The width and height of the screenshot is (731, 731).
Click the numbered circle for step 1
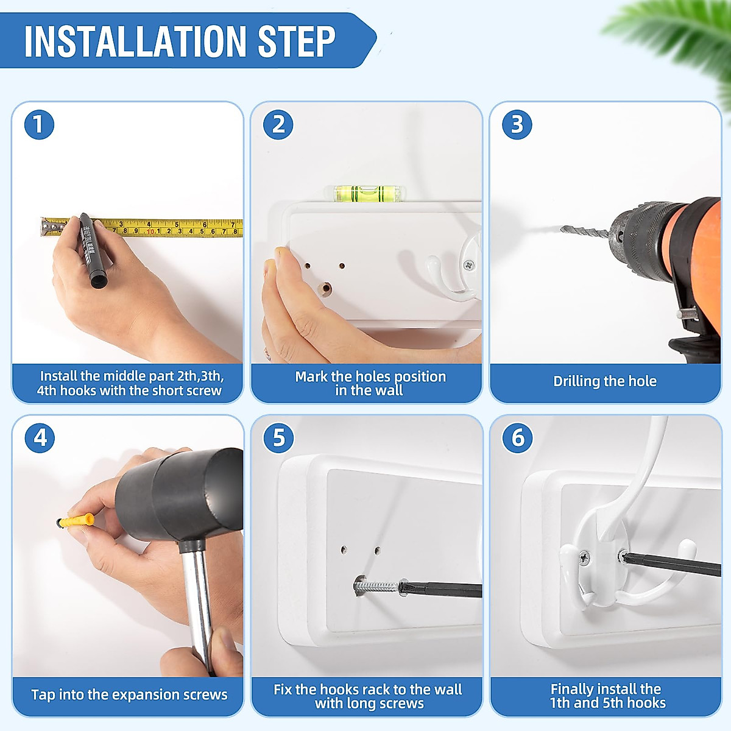[39, 124]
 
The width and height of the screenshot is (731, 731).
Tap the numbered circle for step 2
[278, 124]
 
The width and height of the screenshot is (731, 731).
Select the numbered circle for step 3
[517, 124]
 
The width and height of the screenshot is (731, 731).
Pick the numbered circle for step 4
[40, 438]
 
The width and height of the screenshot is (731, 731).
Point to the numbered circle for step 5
[278, 438]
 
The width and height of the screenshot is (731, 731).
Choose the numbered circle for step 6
[517, 438]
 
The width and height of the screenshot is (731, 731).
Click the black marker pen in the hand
[93, 250]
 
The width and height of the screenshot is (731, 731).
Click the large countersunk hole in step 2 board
[325, 289]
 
